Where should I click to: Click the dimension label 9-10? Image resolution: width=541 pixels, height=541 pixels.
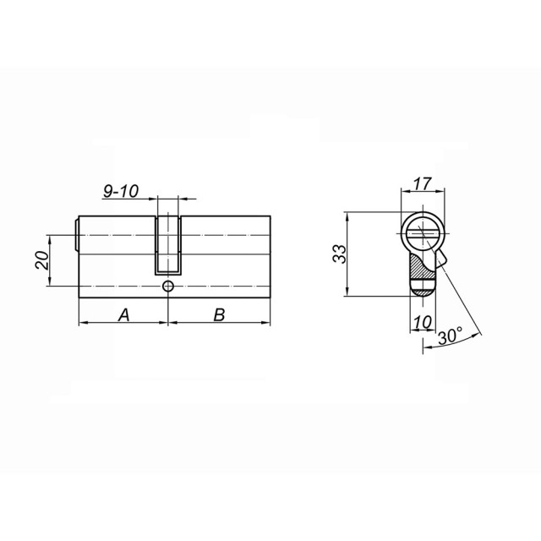coord(121,192)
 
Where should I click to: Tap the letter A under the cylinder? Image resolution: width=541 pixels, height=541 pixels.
coord(123,314)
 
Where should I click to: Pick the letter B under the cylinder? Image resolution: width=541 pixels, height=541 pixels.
coord(218,314)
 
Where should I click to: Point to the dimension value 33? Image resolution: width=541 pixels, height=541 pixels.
coord(338,253)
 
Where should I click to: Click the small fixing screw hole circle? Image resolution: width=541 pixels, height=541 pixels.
coord(168,287)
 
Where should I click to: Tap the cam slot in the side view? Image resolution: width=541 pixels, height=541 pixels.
coord(168,245)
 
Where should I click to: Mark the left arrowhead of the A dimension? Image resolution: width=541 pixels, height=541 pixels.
coord(81,324)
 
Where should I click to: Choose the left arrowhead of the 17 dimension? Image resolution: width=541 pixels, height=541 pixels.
coord(402,192)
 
